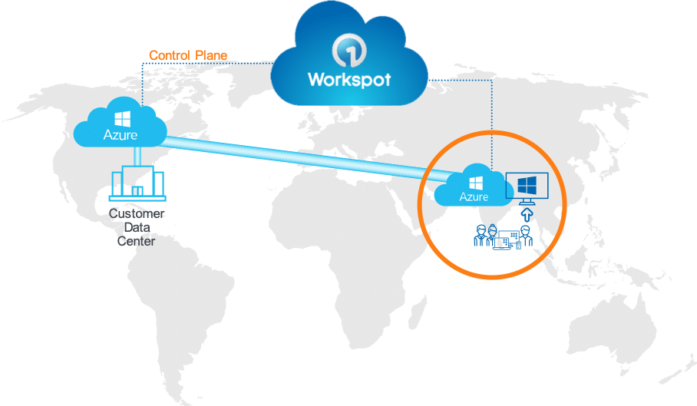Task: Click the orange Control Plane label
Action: (x=188, y=55)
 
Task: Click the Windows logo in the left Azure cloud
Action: (x=121, y=120)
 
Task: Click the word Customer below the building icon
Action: (x=137, y=214)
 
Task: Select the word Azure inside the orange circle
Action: (x=474, y=197)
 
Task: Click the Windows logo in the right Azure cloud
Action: (x=474, y=183)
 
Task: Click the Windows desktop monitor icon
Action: (x=527, y=186)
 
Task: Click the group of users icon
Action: (x=502, y=237)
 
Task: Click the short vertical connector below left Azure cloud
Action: (x=137, y=156)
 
